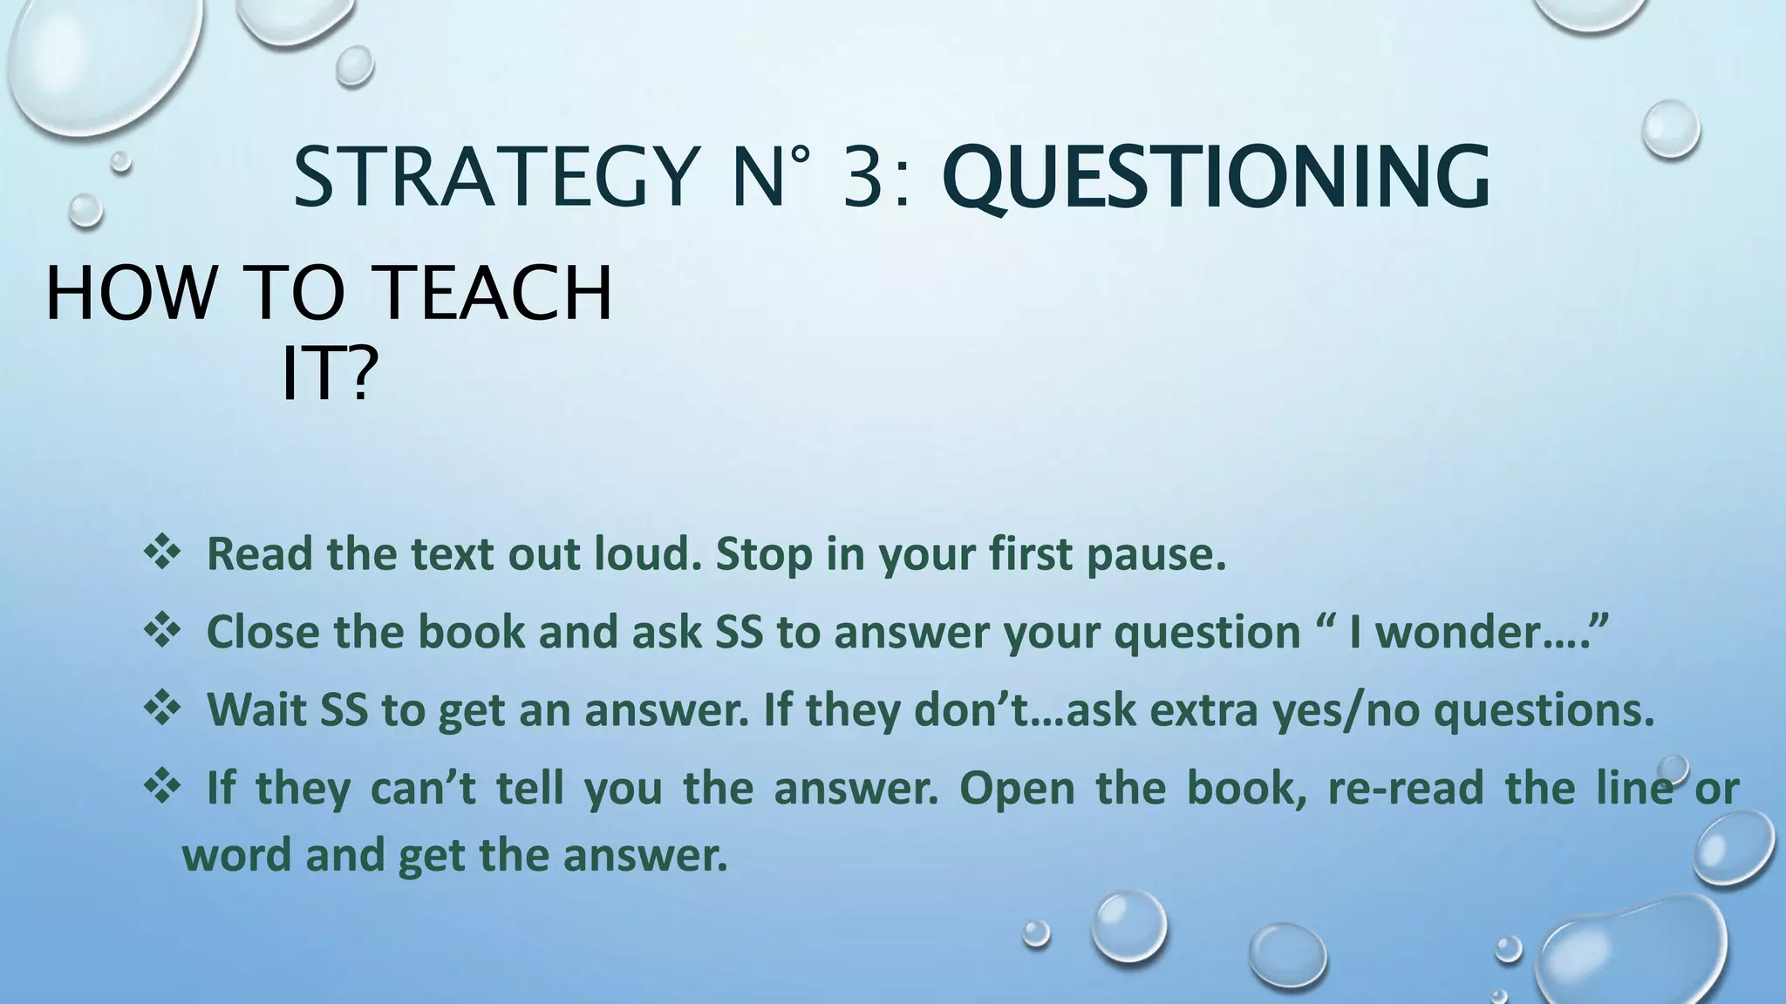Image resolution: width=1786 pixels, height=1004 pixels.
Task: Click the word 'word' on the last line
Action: [x=235, y=856]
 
